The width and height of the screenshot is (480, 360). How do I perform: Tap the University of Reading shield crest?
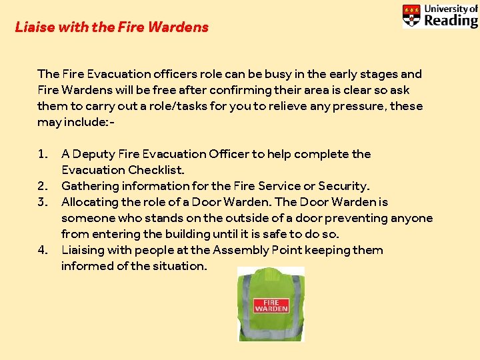pos(411,16)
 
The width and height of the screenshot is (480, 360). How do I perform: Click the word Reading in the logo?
pos(451,20)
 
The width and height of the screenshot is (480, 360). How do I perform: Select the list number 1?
pos(43,154)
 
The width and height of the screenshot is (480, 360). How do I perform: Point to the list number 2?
pos(43,186)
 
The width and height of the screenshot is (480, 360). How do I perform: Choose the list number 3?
pos(43,202)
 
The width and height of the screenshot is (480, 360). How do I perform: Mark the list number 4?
pos(43,250)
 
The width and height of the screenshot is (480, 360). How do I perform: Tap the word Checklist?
pos(156,170)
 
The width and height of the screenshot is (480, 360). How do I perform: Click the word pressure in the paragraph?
pos(357,106)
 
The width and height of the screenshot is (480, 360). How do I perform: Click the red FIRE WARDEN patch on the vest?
pos(271,305)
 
